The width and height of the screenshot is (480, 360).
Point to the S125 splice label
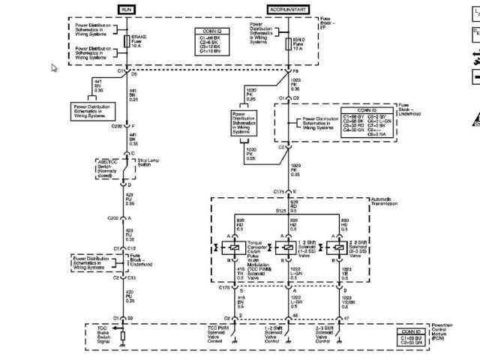pyautogui.click(x=280, y=212)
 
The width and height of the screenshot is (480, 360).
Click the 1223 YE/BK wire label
pyautogui.click(x=346, y=301)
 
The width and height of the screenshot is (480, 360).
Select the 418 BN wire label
pyautogui.click(x=241, y=301)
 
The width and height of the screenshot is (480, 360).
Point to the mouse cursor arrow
pyautogui.click(x=54, y=67)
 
